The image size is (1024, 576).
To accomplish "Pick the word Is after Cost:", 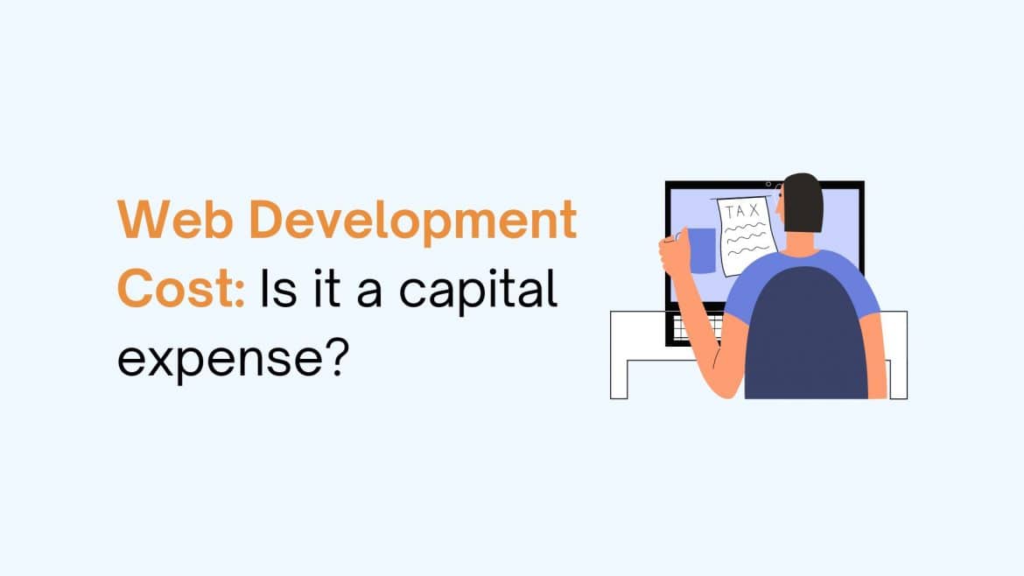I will click(275, 289).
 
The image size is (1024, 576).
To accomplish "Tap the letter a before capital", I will click(375, 294).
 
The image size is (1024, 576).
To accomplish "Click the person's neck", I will click(810, 240).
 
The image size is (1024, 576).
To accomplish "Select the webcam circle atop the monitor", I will click(768, 184).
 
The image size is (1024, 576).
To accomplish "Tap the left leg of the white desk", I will click(619, 376).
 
